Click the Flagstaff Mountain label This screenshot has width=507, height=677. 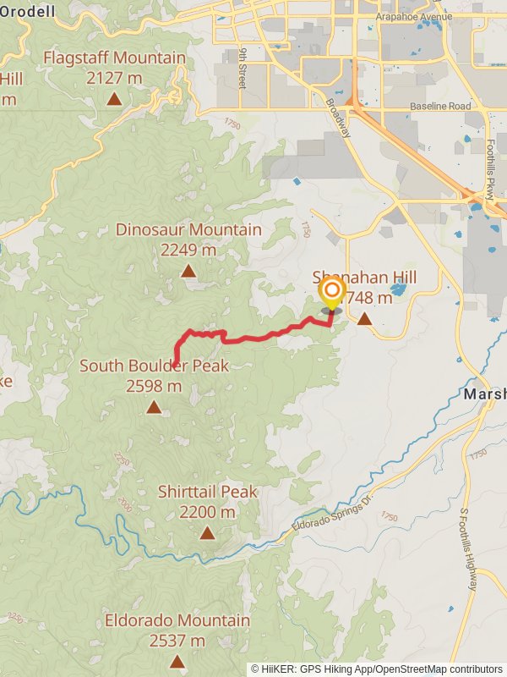(x=114, y=58)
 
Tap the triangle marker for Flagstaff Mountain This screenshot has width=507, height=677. (x=114, y=99)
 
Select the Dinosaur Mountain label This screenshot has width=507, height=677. (x=188, y=230)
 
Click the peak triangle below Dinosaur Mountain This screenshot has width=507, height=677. (x=188, y=271)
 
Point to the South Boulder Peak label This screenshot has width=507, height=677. (x=154, y=366)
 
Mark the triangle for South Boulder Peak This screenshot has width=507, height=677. (x=154, y=407)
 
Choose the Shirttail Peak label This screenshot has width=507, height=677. (x=208, y=492)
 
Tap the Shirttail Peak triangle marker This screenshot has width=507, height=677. (x=208, y=532)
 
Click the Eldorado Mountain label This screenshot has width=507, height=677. (x=177, y=621)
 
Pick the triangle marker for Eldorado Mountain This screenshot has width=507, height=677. (x=177, y=662)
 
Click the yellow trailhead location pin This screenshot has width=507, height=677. (x=330, y=295)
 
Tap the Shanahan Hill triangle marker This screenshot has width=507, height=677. (x=364, y=319)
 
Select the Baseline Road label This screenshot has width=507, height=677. (x=440, y=107)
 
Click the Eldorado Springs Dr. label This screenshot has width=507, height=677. (x=331, y=515)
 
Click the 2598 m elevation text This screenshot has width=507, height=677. (x=154, y=386)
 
